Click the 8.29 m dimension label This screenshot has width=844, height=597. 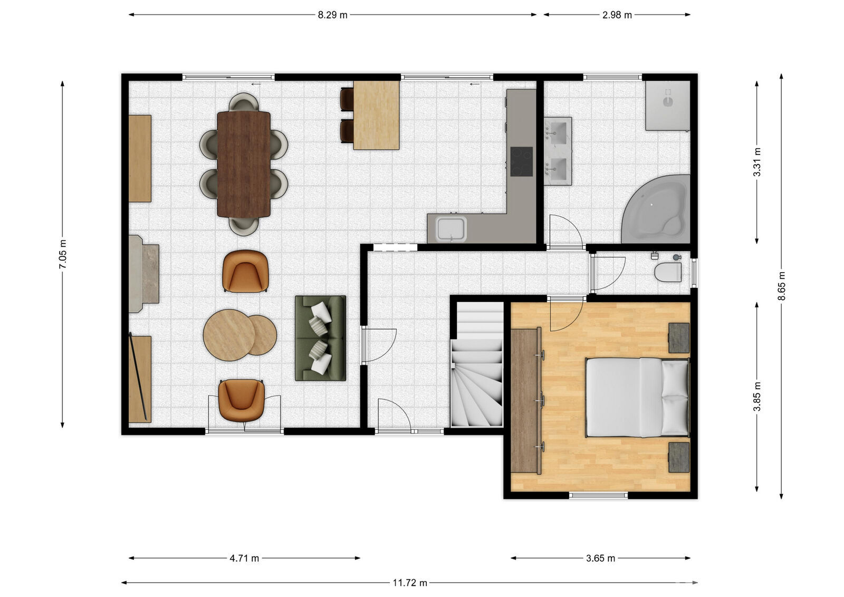pyautogui.click(x=332, y=15)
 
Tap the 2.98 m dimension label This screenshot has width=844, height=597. pyautogui.click(x=617, y=15)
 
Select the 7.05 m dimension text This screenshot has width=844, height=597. pyautogui.click(x=63, y=254)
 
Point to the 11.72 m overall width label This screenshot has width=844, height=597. pyautogui.click(x=410, y=583)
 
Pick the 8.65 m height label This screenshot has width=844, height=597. pyautogui.click(x=781, y=285)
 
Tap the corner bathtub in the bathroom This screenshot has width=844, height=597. pyautogui.click(x=656, y=209)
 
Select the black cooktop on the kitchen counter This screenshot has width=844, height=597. pyautogui.click(x=522, y=161)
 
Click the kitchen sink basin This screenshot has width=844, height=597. pyautogui.click(x=451, y=229)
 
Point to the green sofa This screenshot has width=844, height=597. pyautogui.click(x=320, y=338)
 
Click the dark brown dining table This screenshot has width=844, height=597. pyautogui.click(x=243, y=164)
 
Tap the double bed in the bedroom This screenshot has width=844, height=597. pyautogui.click(x=637, y=397)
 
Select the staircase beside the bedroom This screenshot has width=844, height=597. pyautogui.click(x=477, y=364)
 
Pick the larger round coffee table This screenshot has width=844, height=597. pyautogui.click(x=229, y=335)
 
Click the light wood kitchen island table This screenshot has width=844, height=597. pyautogui.click(x=376, y=115)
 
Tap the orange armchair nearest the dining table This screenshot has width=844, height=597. pyautogui.click(x=245, y=271)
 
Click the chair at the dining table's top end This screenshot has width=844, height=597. pyautogui.click(x=244, y=102)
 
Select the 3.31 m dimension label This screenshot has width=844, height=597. pyautogui.click(x=756, y=162)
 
